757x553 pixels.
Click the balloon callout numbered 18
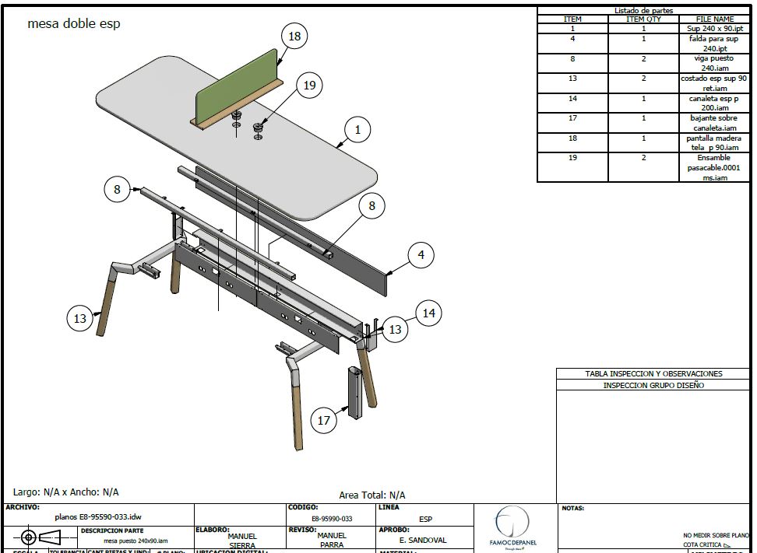click(x=294, y=36)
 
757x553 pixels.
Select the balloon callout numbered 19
click(x=310, y=85)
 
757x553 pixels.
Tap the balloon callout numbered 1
click(x=357, y=130)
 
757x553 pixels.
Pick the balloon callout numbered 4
click(x=421, y=254)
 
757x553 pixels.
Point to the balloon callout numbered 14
click(x=428, y=313)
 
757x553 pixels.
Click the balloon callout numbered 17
click(x=324, y=421)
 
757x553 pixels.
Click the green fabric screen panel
click(x=237, y=85)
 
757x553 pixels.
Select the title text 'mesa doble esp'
click(x=74, y=23)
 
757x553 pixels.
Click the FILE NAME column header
click(x=715, y=19)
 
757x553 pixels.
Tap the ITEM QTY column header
click(x=643, y=19)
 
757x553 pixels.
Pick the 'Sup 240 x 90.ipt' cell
click(x=715, y=28)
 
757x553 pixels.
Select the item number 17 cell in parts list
click(x=572, y=118)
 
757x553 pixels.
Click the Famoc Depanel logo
click(x=512, y=526)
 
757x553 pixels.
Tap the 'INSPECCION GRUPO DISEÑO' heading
click(x=653, y=385)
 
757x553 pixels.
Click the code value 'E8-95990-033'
click(x=332, y=519)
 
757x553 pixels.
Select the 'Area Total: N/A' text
click(x=372, y=495)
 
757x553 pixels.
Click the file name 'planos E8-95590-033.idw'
click(x=98, y=516)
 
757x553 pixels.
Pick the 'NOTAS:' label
click(x=572, y=509)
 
